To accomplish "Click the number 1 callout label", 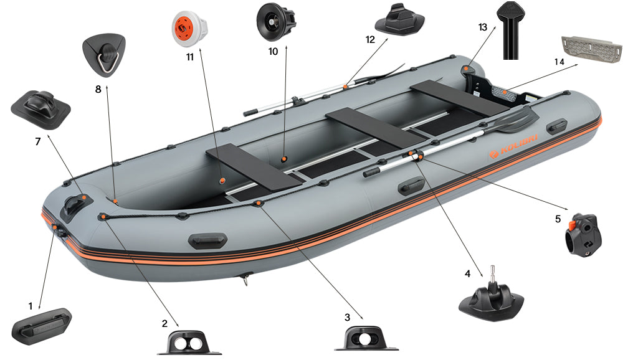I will (x=30, y=306).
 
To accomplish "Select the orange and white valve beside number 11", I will (x=189, y=27).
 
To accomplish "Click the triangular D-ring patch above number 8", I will (x=103, y=55).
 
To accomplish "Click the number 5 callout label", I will (x=558, y=219).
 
